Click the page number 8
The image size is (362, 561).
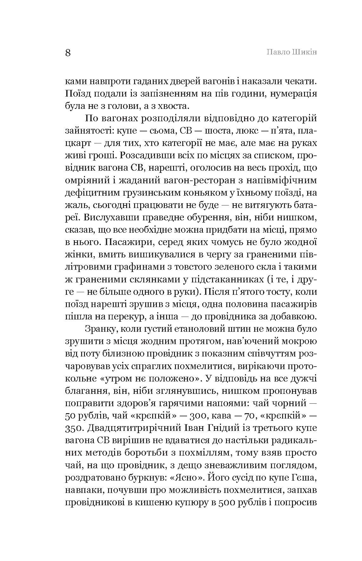68,53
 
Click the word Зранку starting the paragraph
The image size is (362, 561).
100,328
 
